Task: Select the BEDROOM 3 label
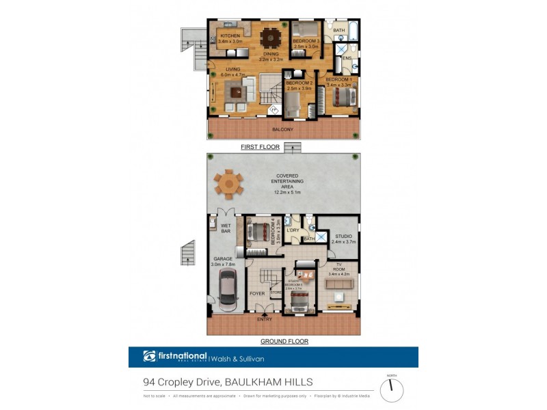click(306, 41)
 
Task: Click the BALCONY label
click(282, 129)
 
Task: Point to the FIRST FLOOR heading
click(259, 147)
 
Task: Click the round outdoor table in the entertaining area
click(228, 182)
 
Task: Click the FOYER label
click(257, 294)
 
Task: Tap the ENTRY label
click(264, 319)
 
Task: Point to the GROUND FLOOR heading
click(284, 341)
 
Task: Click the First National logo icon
click(150, 356)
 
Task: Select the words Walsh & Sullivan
click(237, 357)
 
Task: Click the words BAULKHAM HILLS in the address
click(273, 383)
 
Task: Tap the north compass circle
click(392, 390)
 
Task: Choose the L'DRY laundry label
click(293, 230)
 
